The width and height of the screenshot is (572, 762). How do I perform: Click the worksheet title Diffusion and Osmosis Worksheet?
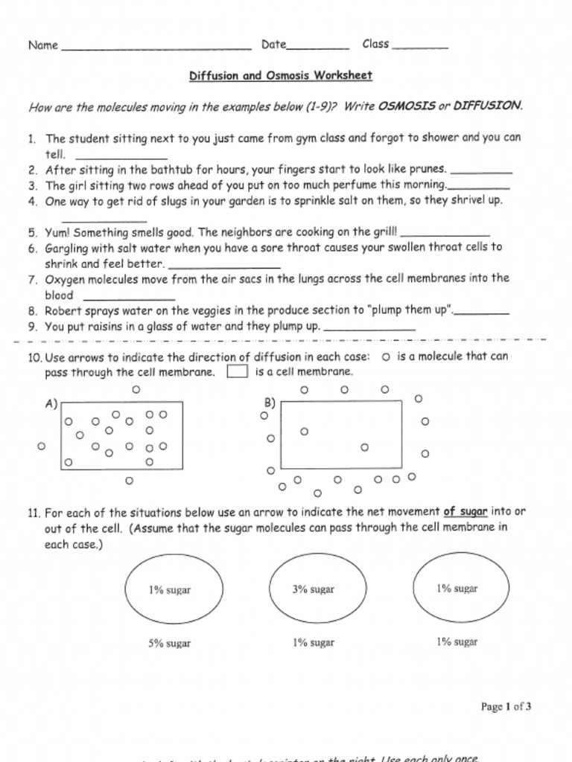pos(280,76)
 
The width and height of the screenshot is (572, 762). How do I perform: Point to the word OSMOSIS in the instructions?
pos(406,106)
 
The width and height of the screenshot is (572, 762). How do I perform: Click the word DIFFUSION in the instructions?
pos(488,106)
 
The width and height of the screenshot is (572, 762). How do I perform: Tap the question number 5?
pos(33,232)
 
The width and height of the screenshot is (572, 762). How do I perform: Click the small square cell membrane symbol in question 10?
pos(237,372)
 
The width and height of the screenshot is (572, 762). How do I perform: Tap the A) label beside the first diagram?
pos(51,404)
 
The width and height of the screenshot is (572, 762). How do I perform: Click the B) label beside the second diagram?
pos(270,403)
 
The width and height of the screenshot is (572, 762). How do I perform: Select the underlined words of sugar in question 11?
pos(465,512)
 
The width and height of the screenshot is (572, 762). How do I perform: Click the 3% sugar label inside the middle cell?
pos(313,589)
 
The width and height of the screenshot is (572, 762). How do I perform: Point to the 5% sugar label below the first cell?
pos(169,643)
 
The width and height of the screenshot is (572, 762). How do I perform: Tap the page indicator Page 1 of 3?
pos(506,707)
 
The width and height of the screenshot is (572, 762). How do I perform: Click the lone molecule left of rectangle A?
pos(42,446)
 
